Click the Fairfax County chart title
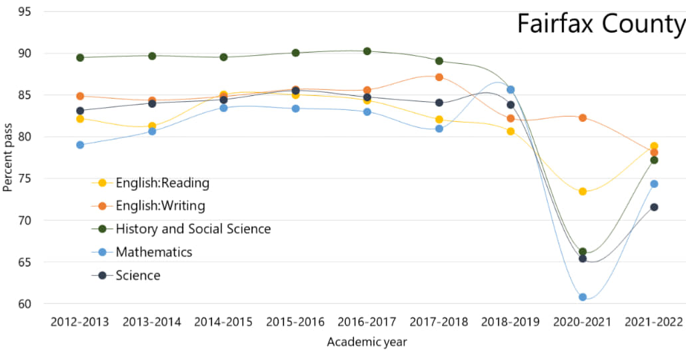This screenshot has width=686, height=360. coord(601,25)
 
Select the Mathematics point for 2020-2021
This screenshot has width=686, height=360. coord(583,297)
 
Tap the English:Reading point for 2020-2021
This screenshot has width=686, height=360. coord(583,191)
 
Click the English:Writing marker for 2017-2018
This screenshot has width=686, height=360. coord(439,77)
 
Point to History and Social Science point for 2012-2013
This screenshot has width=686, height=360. coord(80,57)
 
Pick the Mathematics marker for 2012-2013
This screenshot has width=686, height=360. coord(80,145)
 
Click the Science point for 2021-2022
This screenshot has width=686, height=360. coord(654,207)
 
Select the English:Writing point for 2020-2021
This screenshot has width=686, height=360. coord(583,118)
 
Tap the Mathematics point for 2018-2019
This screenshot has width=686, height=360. coord(511,89)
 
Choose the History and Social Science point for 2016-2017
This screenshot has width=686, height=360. coord(367,51)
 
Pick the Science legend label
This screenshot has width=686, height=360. coord(138,275)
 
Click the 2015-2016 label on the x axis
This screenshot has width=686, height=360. coord(295,322)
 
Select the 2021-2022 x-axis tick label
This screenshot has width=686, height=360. coord(654,322)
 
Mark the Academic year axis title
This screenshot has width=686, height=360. coord(367,342)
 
